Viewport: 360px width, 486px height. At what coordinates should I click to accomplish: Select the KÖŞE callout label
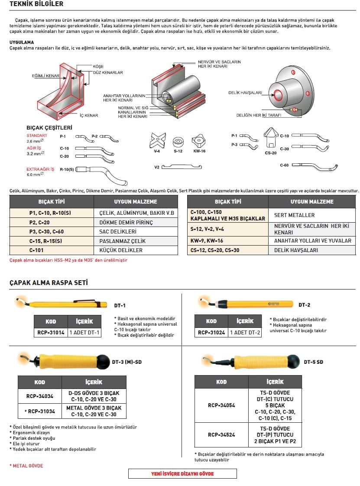click(x=98, y=66)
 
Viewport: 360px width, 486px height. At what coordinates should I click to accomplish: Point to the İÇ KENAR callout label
click(x=88, y=115)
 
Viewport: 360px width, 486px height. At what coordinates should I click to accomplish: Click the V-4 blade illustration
click(x=157, y=139)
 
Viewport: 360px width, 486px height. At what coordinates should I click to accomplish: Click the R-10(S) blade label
click(x=67, y=169)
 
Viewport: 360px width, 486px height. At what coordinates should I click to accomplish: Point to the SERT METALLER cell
click(x=295, y=215)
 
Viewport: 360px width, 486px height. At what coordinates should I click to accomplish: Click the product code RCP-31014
click(x=51, y=333)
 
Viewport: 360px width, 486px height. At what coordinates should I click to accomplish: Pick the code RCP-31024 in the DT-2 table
click(x=211, y=333)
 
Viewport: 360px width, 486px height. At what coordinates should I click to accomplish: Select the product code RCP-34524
click(x=221, y=434)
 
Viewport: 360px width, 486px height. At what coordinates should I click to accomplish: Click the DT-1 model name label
click(x=120, y=305)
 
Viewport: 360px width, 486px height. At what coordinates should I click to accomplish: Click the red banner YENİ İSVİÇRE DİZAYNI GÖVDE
click(x=182, y=473)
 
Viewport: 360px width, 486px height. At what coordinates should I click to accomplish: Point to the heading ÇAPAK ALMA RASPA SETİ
click(x=49, y=282)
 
